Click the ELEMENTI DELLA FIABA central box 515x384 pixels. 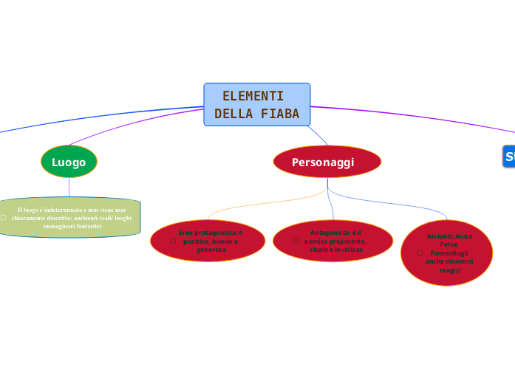[x=256, y=104]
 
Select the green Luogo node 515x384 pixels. [x=69, y=162]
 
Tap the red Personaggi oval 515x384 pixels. [x=327, y=162]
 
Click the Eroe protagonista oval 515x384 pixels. [x=208, y=241]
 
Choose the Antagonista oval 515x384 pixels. [x=332, y=241]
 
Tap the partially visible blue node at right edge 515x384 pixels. [x=509, y=157]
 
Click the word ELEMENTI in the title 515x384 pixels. [x=253, y=96]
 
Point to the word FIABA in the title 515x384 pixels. [x=280, y=114]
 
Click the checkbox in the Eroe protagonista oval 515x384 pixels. [x=172, y=241]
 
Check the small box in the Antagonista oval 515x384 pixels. [x=296, y=241]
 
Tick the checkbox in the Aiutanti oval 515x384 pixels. [x=420, y=253]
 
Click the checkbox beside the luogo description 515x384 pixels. [x=3, y=217]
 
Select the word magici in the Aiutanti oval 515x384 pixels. [x=449, y=270]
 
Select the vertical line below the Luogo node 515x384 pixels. [x=69, y=188]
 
